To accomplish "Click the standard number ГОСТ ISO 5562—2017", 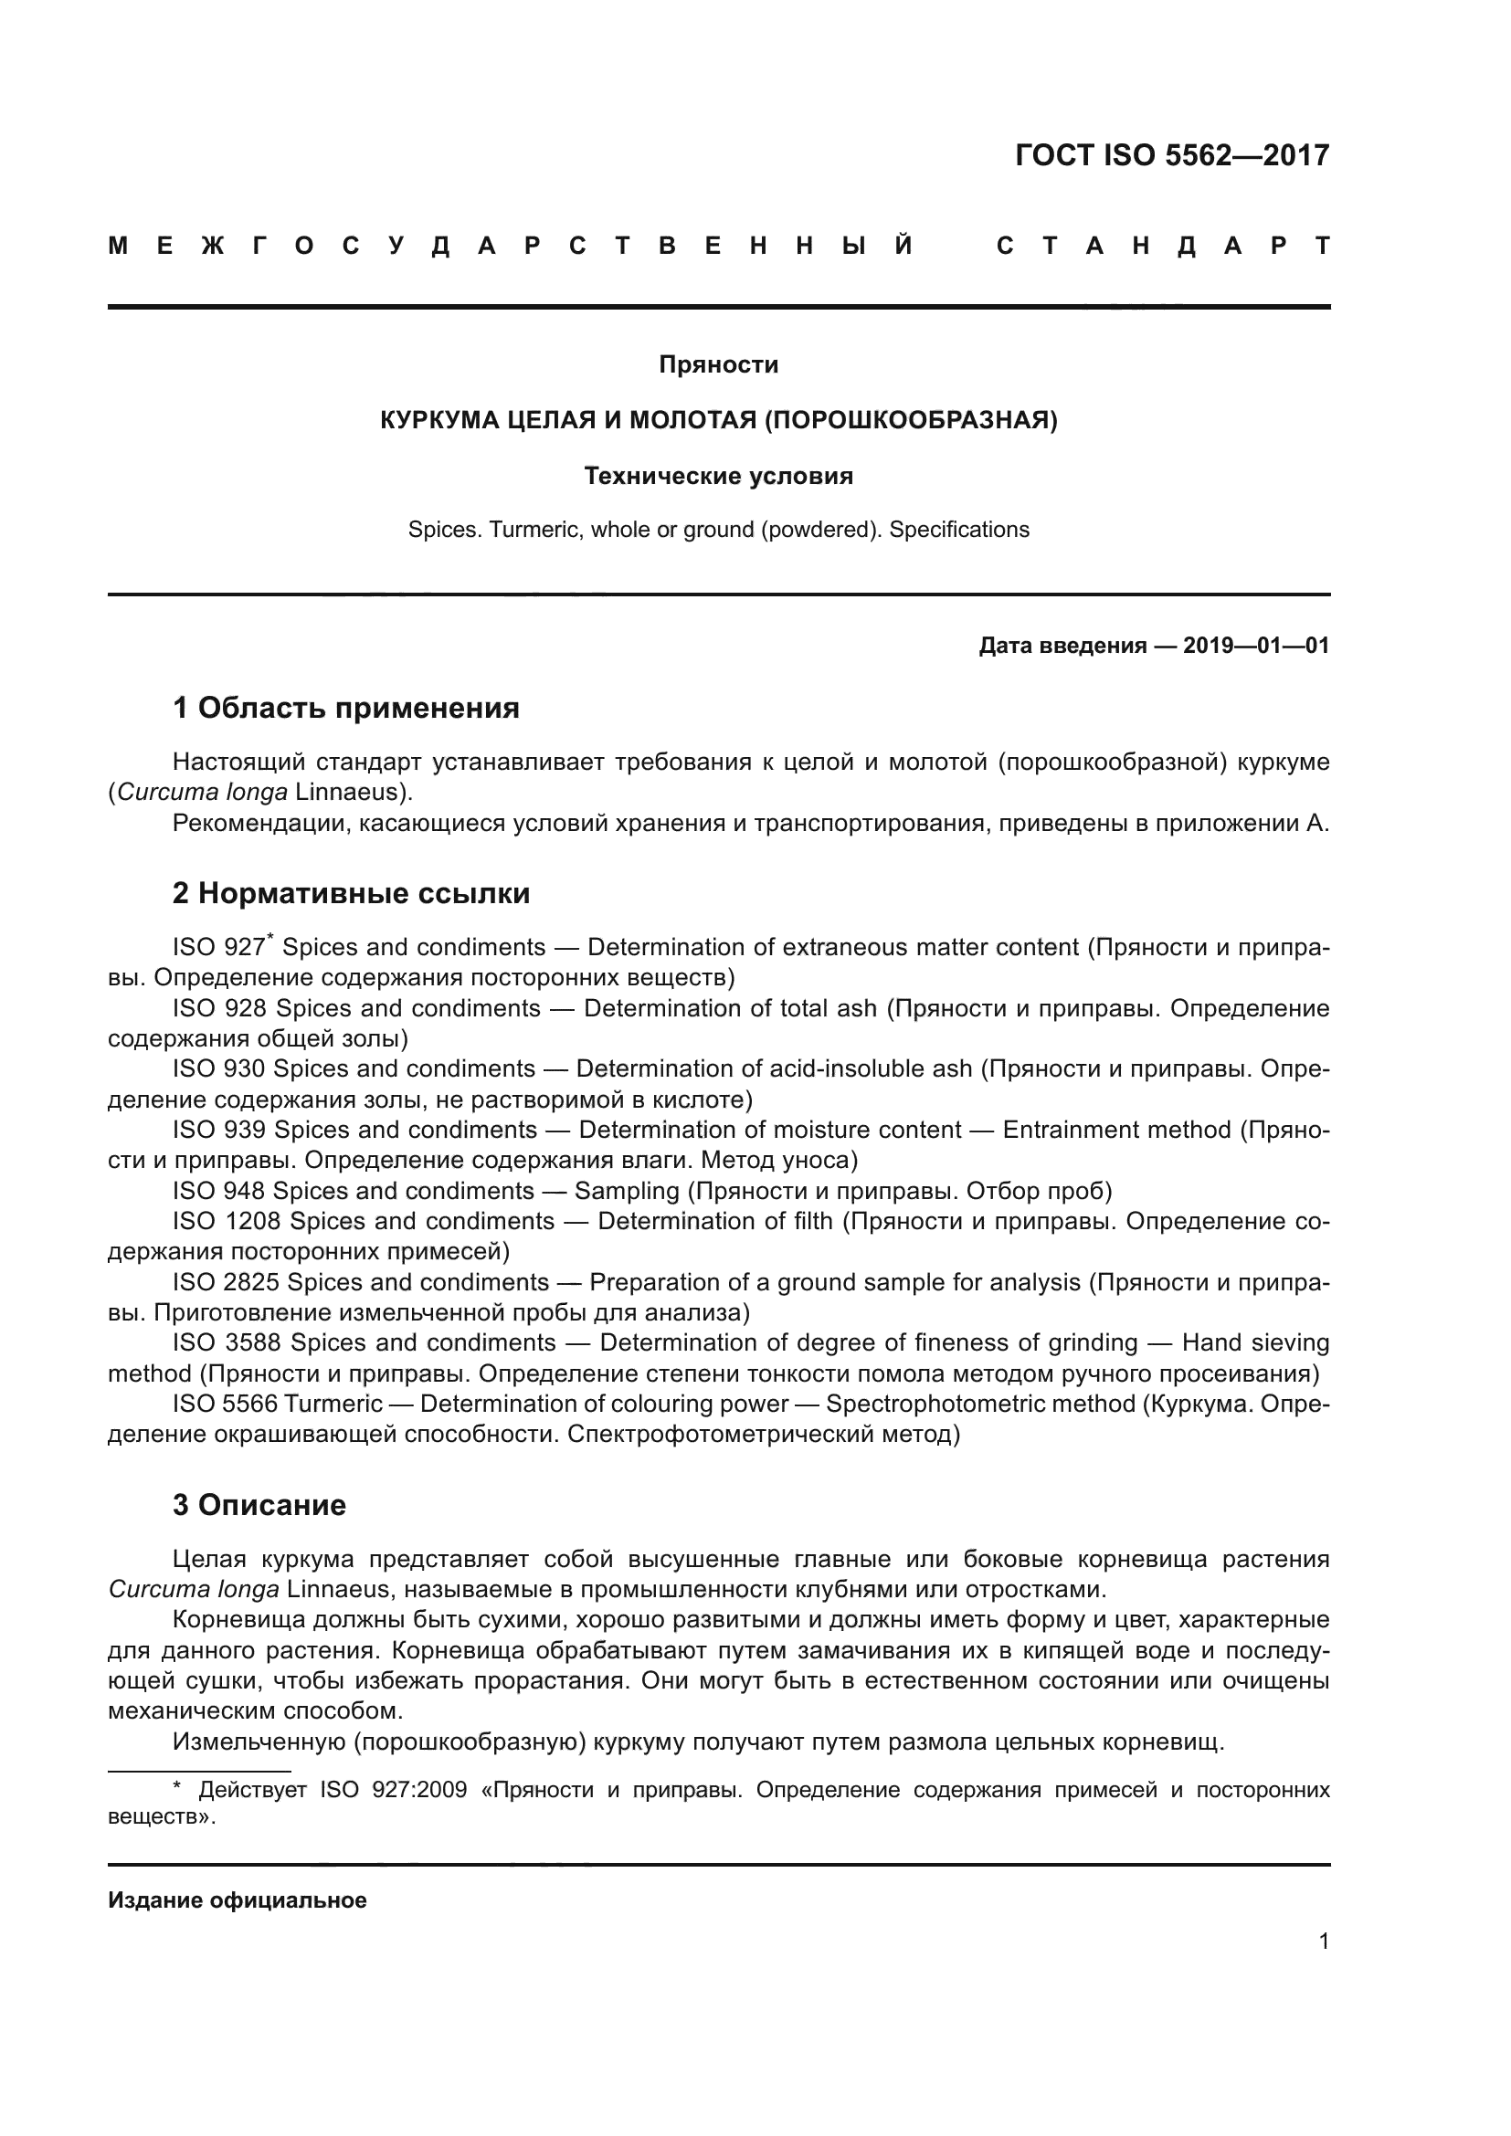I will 1171,155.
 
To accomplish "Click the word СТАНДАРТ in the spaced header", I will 1163,247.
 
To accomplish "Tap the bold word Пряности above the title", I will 718,364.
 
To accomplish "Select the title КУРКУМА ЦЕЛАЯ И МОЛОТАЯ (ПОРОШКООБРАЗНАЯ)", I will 718,420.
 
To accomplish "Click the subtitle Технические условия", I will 718,477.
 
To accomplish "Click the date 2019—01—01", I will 1256,646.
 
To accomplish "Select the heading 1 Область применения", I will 346,708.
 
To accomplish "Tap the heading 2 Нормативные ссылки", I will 351,893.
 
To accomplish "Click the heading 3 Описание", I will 259,1505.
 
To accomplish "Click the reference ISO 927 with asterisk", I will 221,948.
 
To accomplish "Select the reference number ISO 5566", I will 224,1403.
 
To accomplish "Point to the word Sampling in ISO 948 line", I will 627,1191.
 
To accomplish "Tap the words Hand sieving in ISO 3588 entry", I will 1254,1342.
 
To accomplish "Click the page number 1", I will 1323,1941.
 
